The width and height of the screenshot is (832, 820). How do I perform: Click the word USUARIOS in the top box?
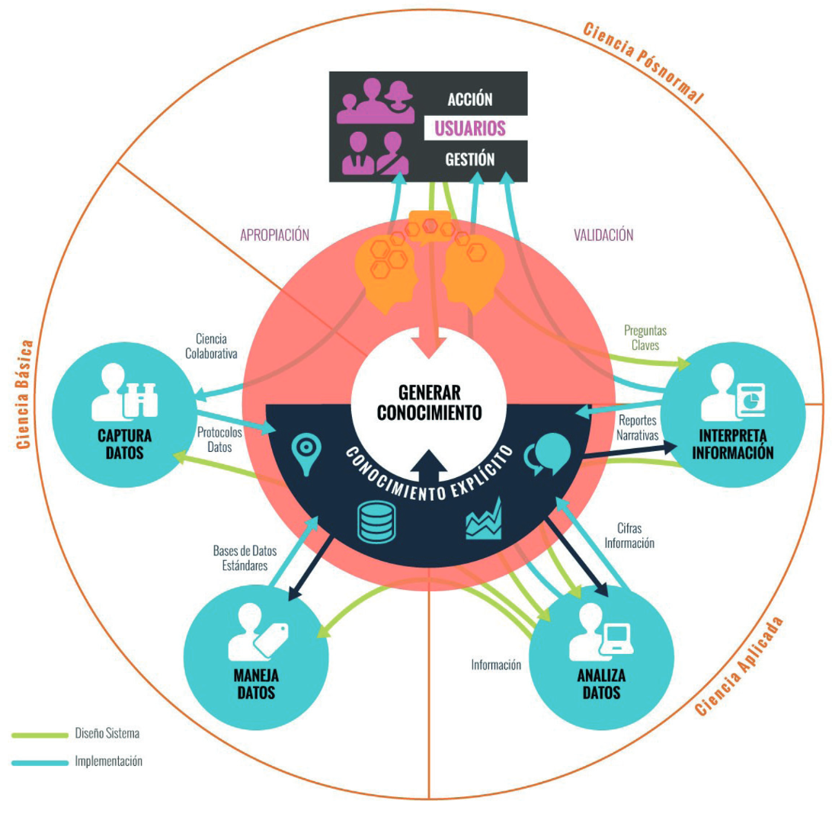[x=470, y=128]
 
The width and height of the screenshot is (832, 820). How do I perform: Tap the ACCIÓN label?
[x=469, y=99]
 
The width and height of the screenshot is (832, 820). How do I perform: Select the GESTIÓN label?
[x=469, y=159]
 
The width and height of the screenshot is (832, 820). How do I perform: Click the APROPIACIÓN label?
[x=274, y=235]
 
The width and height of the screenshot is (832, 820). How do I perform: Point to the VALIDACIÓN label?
[x=603, y=235]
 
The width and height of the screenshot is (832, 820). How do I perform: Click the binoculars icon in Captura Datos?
[x=140, y=399]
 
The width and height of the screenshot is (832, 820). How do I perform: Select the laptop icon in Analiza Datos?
[x=616, y=639]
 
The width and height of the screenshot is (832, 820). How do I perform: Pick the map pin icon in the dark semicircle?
[x=306, y=453]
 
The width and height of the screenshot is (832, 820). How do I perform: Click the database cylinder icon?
[x=376, y=522]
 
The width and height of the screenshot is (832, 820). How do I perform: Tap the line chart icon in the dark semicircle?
[x=483, y=518]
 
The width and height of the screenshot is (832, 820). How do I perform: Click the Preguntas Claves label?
[x=645, y=338]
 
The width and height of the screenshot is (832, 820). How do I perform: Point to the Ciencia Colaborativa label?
[x=211, y=346]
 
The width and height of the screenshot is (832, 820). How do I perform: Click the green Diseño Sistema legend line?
[x=40, y=735]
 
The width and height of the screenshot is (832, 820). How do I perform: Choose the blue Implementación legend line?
[x=40, y=763]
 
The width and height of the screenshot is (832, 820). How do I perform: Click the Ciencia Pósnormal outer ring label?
[x=644, y=62]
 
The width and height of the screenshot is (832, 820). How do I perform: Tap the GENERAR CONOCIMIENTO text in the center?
[x=429, y=402]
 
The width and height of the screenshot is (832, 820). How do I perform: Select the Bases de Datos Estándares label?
[x=245, y=558]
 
